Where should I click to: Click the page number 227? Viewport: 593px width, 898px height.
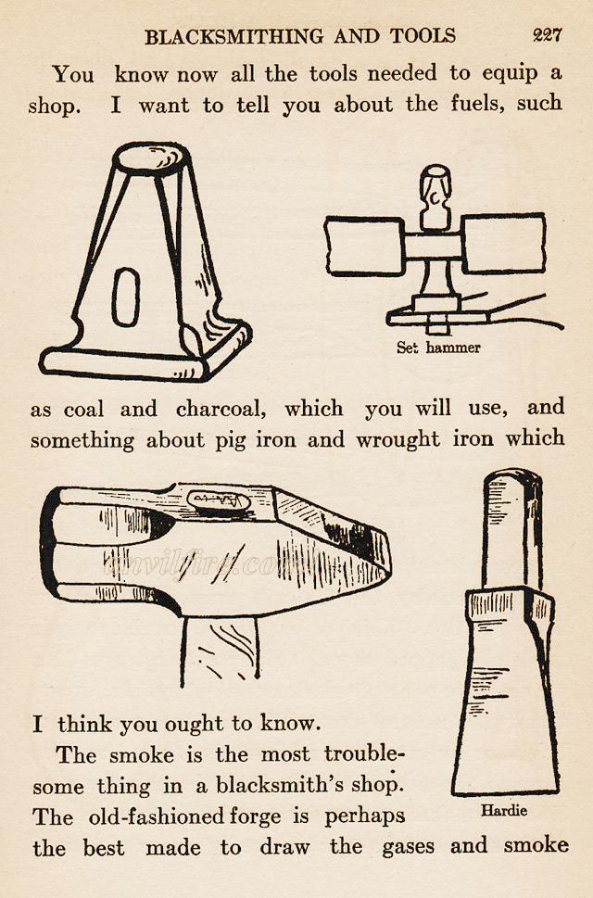[x=548, y=36]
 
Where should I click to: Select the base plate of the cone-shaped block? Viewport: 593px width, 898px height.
[x=139, y=360]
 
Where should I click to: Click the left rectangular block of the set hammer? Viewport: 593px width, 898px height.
[x=364, y=246]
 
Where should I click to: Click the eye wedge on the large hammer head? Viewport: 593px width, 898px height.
[x=219, y=501]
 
